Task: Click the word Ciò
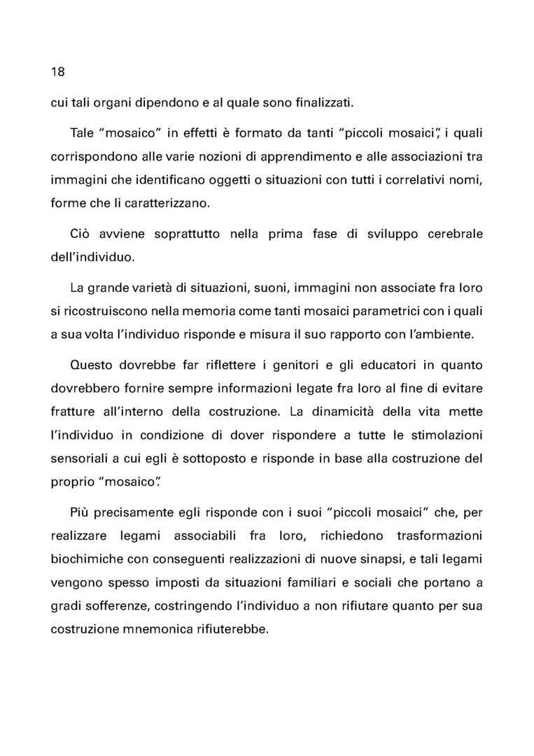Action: coord(81,234)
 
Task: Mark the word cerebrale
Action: coord(450,234)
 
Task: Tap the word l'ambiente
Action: coord(439,334)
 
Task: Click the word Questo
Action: coord(94,365)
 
